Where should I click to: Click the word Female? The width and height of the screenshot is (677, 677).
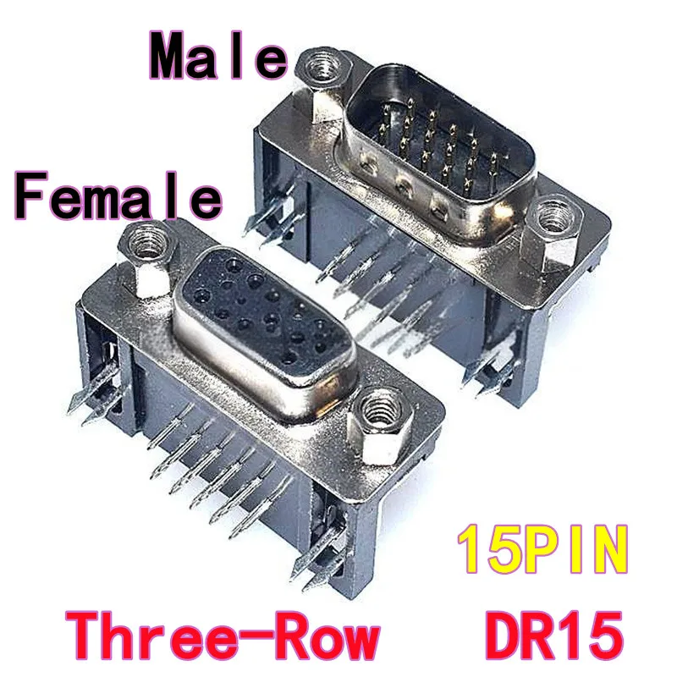118,196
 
